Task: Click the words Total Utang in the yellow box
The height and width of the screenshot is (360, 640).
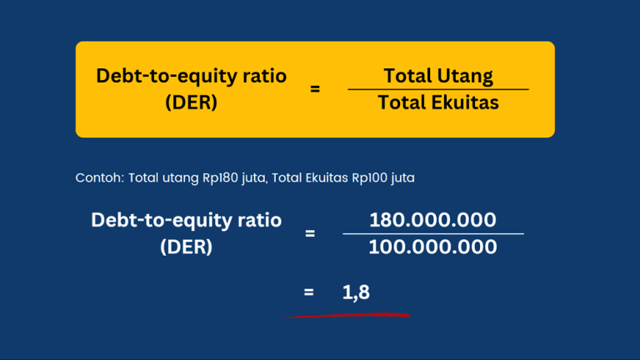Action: [438, 77]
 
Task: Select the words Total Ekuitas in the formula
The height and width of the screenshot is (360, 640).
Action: [438, 102]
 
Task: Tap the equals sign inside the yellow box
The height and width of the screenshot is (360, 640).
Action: [315, 88]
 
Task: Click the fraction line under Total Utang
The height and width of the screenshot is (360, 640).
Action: [438, 89]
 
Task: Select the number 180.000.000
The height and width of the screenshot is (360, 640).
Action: [432, 220]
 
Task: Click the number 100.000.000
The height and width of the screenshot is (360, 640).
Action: [432, 247]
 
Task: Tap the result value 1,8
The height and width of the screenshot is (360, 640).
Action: [356, 292]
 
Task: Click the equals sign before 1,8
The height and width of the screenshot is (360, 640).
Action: [309, 292]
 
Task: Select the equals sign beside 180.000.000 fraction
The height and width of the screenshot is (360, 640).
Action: [310, 233]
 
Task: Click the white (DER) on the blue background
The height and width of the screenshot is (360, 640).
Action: [186, 247]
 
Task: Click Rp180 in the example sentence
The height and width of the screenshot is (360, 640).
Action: [218, 177]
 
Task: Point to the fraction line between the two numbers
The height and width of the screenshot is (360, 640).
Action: [432, 234]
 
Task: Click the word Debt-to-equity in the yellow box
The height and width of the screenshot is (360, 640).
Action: [163, 76]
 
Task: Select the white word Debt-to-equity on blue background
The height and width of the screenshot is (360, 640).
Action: [157, 220]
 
